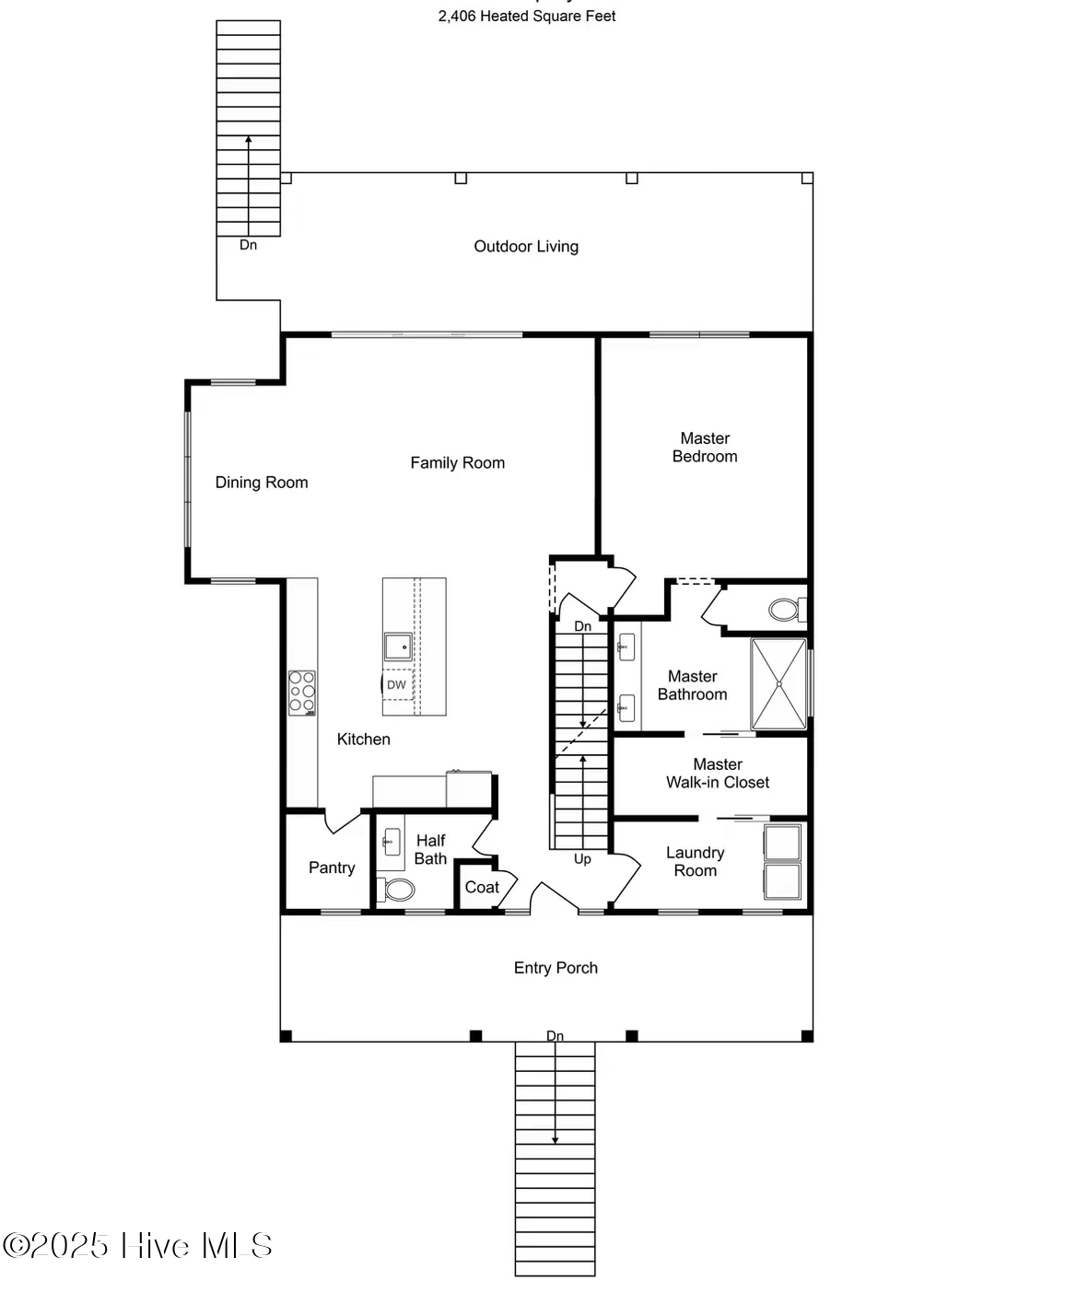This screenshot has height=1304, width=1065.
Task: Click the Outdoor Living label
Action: tap(526, 246)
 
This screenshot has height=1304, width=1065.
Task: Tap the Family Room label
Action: tap(457, 462)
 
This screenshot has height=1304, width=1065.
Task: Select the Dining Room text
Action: tap(262, 482)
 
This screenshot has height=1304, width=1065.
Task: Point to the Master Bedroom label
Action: tap(705, 447)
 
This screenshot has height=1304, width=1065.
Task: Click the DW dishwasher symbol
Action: tap(396, 684)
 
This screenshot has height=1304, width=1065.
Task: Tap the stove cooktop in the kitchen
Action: tap(302, 693)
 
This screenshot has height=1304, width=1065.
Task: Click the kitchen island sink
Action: tap(398, 646)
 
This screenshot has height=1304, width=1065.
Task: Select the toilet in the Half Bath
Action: tap(397, 890)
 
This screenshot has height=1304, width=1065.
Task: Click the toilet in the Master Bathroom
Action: tap(785, 610)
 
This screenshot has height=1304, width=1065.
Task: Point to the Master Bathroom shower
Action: tap(779, 683)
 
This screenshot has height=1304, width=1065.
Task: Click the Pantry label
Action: tap(332, 867)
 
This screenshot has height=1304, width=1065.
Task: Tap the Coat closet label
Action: tap(482, 887)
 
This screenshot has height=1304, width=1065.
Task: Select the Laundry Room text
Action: tap(695, 861)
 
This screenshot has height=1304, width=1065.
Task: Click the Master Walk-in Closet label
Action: tap(718, 773)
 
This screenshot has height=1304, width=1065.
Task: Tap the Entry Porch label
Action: tap(556, 967)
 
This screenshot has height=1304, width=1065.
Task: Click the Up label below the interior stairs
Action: tap(582, 858)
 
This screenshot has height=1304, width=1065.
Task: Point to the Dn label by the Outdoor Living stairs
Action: tap(248, 245)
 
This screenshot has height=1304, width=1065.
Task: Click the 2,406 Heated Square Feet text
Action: tap(527, 16)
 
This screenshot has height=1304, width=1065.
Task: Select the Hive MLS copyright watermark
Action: tap(138, 1245)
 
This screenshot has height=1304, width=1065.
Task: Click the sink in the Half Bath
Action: tap(391, 841)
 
